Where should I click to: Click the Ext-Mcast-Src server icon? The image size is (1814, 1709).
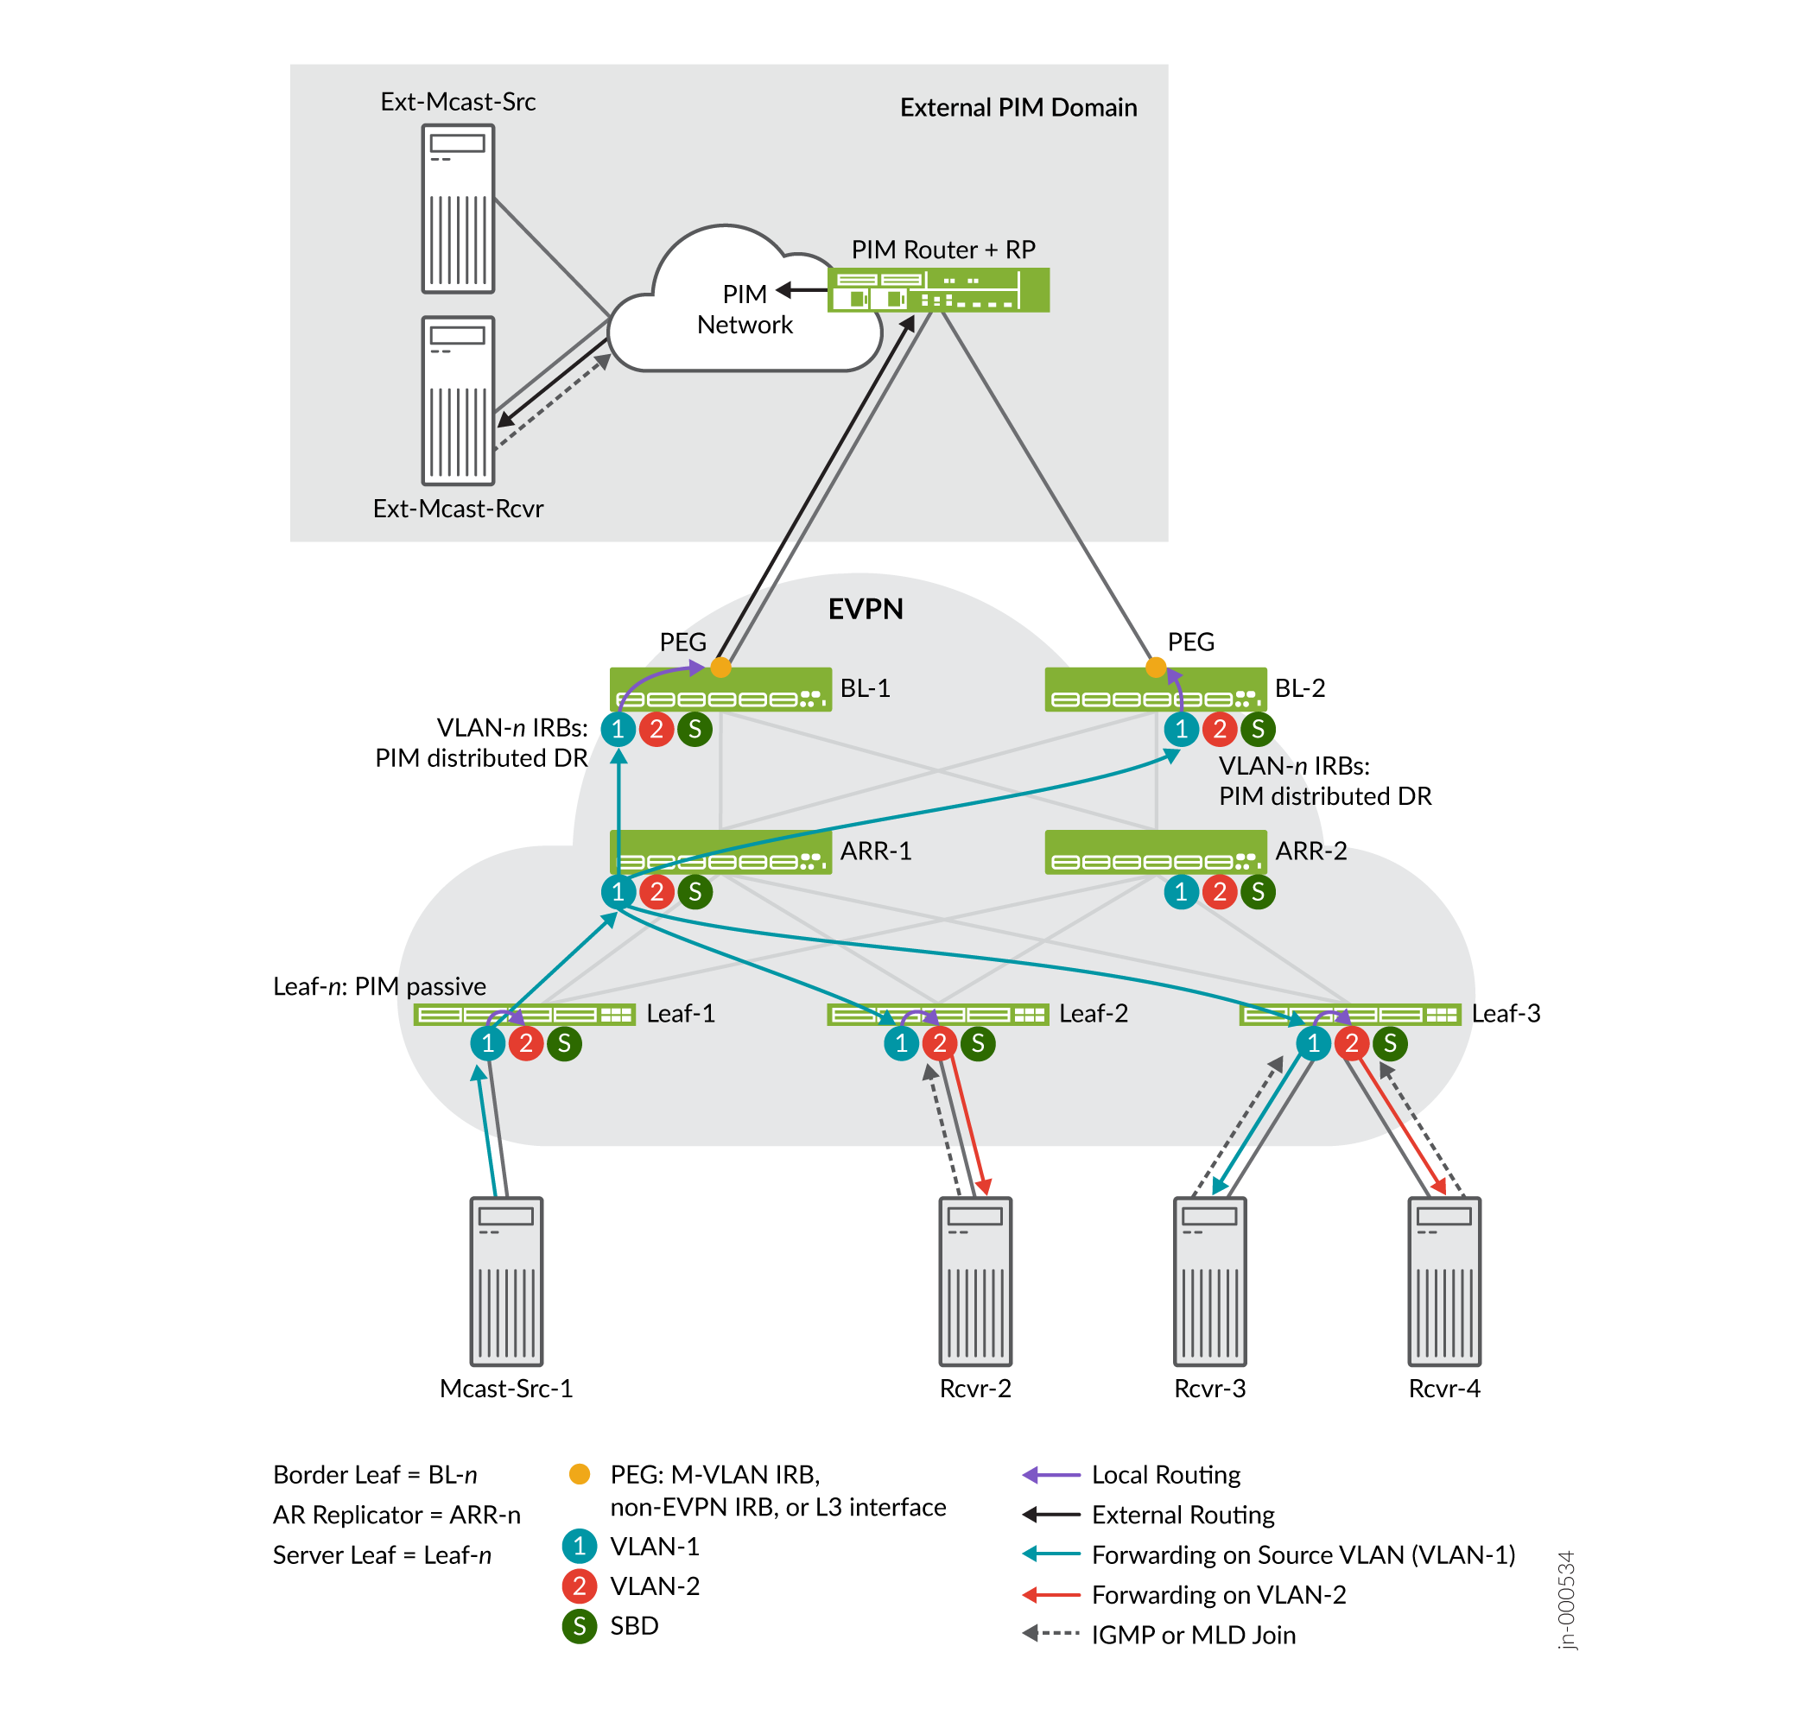pos(458,209)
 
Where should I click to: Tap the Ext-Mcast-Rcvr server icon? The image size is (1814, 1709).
pos(458,401)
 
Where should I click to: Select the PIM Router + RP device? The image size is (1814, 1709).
pos(938,290)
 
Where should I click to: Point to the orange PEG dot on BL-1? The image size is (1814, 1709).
pos(721,668)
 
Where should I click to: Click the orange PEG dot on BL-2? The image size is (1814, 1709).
pos(1156,668)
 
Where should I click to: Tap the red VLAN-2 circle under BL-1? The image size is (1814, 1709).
pos(657,729)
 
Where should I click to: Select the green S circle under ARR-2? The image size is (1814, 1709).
pos(1259,891)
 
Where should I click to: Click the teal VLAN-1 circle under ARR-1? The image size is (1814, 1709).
pos(618,891)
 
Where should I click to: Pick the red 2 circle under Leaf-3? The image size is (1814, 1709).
pos(1352,1043)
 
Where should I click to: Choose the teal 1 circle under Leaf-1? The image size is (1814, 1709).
pos(488,1043)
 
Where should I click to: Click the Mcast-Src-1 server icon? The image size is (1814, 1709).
pos(506,1281)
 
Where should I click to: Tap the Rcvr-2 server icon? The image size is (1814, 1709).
pos(975,1281)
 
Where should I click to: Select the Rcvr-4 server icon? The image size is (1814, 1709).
pos(1444,1281)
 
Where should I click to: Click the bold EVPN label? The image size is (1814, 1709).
pos(865,609)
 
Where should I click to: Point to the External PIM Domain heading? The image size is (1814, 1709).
pos(1018,108)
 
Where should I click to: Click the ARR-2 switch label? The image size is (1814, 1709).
pos(1311,851)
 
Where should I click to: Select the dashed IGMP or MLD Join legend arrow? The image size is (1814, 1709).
pos(1051,1634)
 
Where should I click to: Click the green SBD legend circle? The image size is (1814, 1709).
pos(580,1626)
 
